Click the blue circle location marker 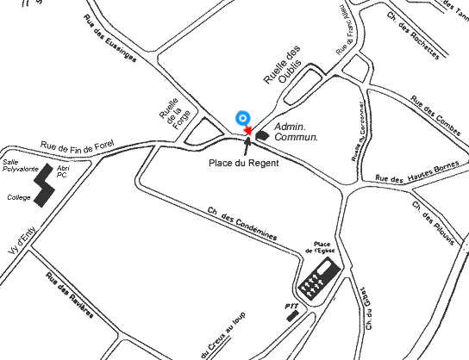[x=242, y=118]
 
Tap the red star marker [x=248, y=130]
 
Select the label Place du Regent [x=244, y=163]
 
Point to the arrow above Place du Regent [x=247, y=145]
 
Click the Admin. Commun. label [x=296, y=132]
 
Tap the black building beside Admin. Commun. [x=260, y=131]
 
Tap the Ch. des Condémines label [x=241, y=223]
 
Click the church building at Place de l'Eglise [x=316, y=280]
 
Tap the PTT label [x=291, y=305]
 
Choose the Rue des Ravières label [x=69, y=295]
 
